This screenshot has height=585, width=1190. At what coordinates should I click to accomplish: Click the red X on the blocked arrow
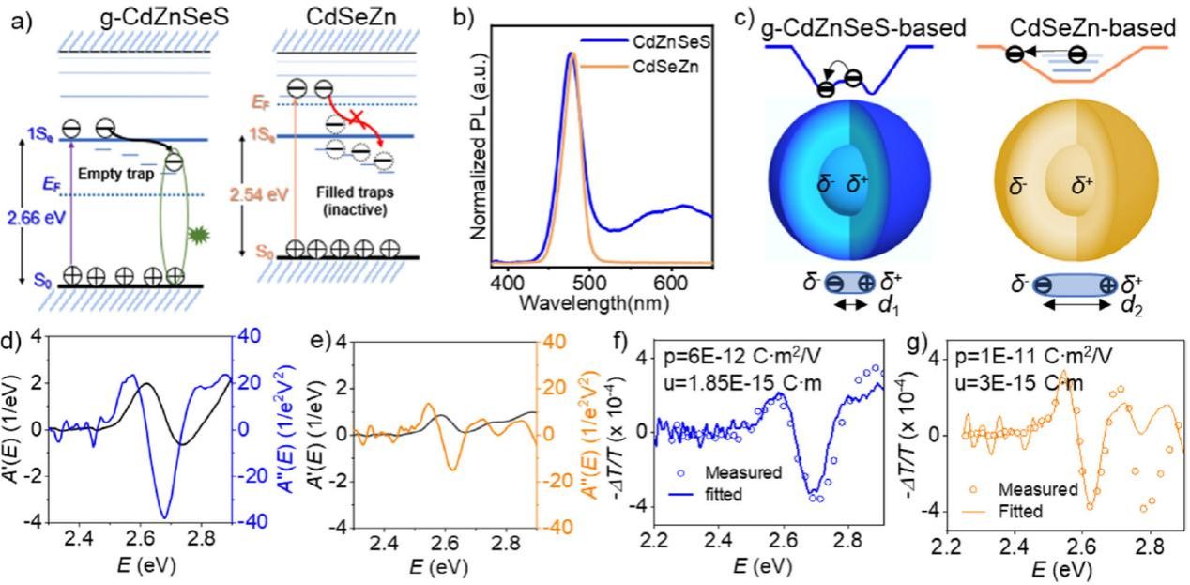pos(360,117)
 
